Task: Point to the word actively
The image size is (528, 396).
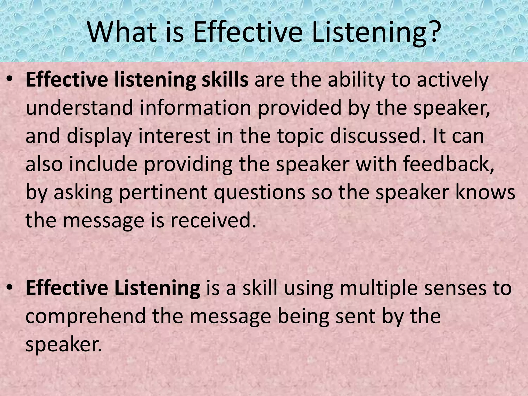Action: [452, 80]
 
